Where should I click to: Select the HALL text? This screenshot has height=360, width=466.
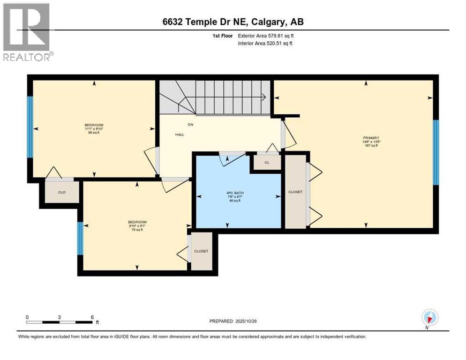point(167,135)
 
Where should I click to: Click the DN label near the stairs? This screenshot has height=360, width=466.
point(178,125)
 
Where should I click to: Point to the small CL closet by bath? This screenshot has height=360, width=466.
point(267,163)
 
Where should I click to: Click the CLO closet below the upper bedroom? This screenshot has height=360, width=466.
point(61,192)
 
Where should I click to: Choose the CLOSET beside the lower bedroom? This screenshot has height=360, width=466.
point(201,251)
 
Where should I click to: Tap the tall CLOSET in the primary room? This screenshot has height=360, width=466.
point(295,192)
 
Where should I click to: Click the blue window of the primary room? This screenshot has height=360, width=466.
point(436,152)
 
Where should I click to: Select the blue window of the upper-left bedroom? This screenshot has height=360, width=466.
point(30,127)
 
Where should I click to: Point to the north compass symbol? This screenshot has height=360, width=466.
point(429,318)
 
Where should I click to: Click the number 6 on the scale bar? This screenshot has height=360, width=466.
point(92,317)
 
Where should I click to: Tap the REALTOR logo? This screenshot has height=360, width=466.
point(27,33)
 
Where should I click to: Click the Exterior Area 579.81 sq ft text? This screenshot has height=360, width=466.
point(266,36)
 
